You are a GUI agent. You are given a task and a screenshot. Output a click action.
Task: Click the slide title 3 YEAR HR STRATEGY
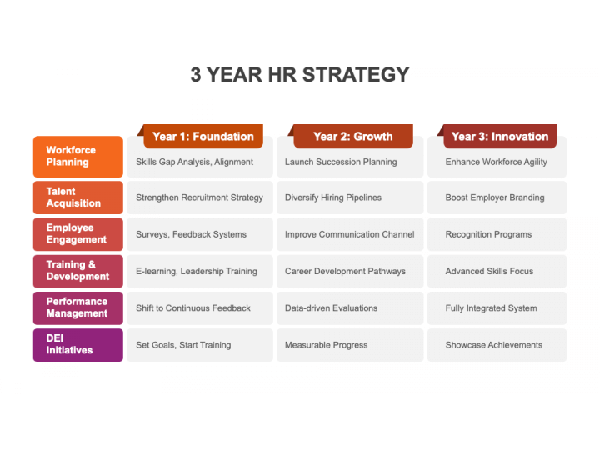click(300, 75)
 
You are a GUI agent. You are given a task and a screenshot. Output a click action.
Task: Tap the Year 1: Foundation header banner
click(202, 136)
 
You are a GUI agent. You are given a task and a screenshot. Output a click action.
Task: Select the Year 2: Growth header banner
click(352, 136)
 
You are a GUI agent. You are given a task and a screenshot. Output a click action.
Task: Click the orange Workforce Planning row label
click(78, 157)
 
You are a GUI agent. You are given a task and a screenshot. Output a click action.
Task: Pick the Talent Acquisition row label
click(78, 197)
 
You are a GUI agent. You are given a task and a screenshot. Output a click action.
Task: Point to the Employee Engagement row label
click(78, 234)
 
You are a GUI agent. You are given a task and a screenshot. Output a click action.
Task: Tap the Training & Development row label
click(78, 271)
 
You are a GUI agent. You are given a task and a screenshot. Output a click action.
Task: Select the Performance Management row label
click(78, 308)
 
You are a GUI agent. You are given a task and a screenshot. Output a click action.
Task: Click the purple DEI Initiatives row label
click(78, 345)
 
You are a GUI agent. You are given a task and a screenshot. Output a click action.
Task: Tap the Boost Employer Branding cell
click(497, 197)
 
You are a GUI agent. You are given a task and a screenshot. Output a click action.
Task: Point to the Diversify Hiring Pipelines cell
click(350, 197)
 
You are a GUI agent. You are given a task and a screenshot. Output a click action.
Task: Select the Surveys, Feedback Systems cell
click(200, 234)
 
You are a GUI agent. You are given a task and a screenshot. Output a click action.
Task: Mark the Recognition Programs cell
click(497, 234)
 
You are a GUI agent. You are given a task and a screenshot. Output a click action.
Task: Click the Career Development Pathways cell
click(350, 271)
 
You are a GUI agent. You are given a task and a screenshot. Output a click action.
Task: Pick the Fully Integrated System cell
click(497, 308)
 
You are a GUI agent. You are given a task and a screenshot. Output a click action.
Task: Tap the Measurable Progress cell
click(350, 345)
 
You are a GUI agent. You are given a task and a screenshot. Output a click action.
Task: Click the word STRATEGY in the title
click(356, 75)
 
